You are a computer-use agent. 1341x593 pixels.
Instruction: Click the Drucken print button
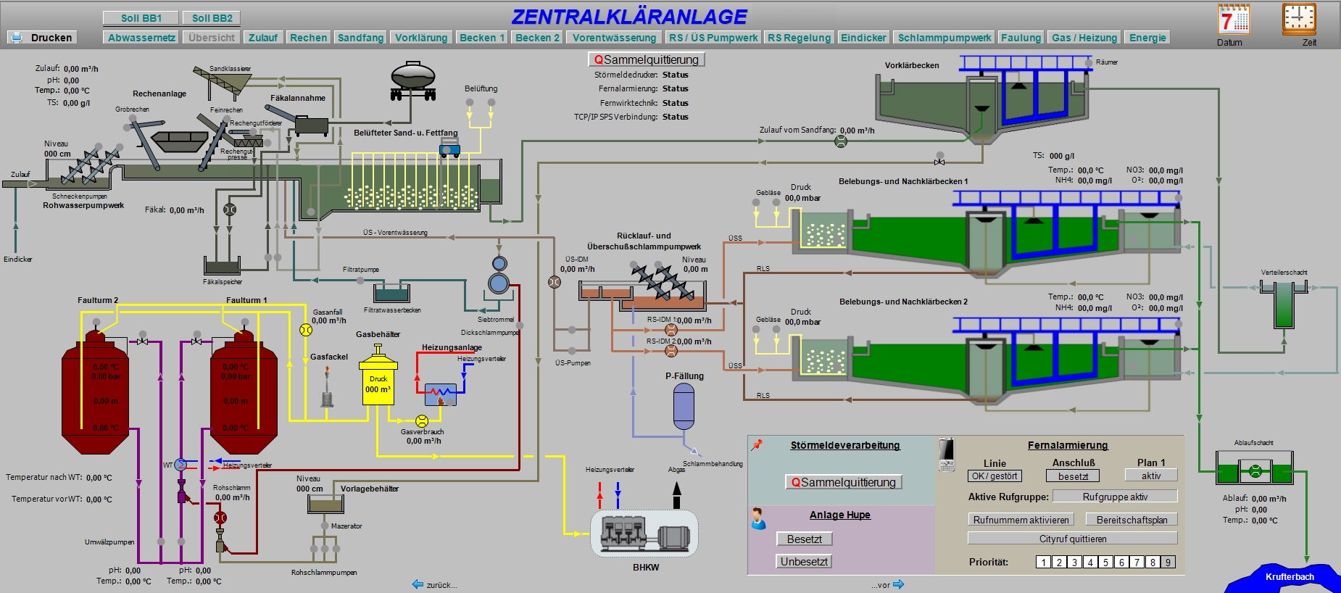(x=42, y=38)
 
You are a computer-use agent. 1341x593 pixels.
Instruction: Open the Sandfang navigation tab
(x=360, y=38)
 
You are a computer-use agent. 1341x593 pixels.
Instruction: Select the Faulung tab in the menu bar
(x=1021, y=38)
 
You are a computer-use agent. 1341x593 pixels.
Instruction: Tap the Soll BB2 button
(x=212, y=18)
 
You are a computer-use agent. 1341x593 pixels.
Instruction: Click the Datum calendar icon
(x=1234, y=20)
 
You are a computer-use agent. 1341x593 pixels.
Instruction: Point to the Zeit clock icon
(x=1298, y=20)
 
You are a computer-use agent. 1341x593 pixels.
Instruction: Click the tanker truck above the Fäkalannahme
(x=413, y=80)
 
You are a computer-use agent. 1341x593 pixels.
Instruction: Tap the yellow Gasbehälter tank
(x=378, y=384)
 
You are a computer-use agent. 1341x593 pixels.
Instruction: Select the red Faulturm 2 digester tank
(x=96, y=395)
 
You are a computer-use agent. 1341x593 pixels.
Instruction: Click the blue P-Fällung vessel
(x=684, y=406)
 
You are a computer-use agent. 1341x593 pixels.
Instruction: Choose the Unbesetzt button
(x=804, y=561)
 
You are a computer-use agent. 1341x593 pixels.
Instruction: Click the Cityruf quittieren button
(x=1072, y=539)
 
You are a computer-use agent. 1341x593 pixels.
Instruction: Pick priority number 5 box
(x=1105, y=562)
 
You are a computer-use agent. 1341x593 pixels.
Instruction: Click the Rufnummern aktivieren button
(x=1021, y=520)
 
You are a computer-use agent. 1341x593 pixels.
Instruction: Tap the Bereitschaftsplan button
(x=1131, y=520)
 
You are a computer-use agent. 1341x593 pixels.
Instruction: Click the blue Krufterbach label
(x=1290, y=577)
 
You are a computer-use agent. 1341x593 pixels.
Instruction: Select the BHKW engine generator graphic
(x=644, y=534)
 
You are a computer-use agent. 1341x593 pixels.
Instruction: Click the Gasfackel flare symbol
(x=327, y=388)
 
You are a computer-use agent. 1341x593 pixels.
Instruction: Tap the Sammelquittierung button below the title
(x=646, y=59)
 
